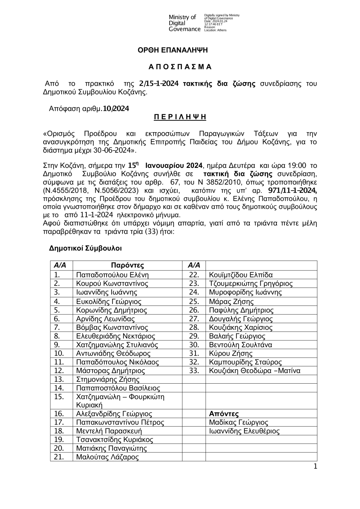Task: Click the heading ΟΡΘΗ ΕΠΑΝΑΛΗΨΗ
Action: pyautogui.click(x=173, y=50)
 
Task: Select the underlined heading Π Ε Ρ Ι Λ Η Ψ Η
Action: pyautogui.click(x=180, y=117)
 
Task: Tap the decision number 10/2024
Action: pyautogui.click(x=116, y=108)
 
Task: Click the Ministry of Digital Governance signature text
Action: pyautogui.click(x=184, y=23)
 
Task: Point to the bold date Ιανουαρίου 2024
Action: pyautogui.click(x=174, y=166)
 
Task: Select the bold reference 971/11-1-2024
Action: pyautogui.click(x=292, y=190)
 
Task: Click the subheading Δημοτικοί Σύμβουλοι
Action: pyautogui.click(x=85, y=249)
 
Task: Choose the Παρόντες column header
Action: pyautogui.click(x=127, y=265)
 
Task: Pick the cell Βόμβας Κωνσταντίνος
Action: pyautogui.click(x=112, y=327)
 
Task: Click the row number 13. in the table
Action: pyautogui.click(x=59, y=379)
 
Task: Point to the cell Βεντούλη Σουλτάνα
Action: pyautogui.click(x=240, y=345)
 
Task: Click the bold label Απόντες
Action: pyautogui.click(x=224, y=414)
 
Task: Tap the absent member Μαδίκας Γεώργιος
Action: pyautogui.click(x=239, y=423)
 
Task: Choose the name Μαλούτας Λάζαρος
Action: pyautogui.click(x=108, y=457)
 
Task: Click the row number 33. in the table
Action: pyautogui.click(x=194, y=371)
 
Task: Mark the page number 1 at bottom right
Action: pyautogui.click(x=315, y=467)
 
